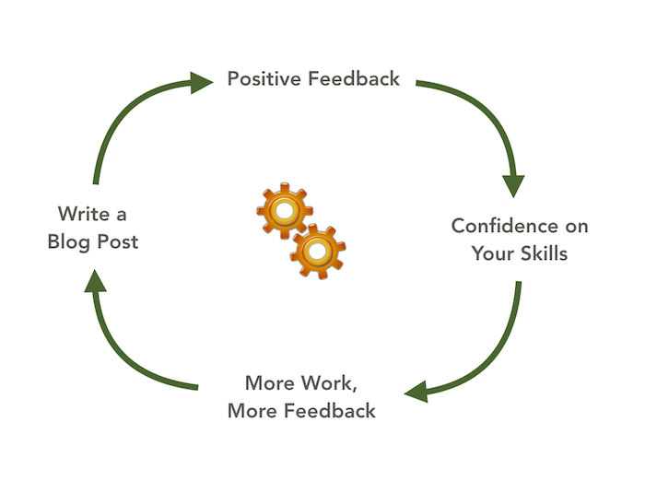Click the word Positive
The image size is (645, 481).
click(x=264, y=78)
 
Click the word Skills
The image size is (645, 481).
click(x=543, y=252)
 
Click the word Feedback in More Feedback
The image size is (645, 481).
click(x=331, y=410)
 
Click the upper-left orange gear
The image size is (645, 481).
click(x=285, y=211)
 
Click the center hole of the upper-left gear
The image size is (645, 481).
click(x=285, y=211)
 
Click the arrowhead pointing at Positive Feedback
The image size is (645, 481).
click(x=202, y=84)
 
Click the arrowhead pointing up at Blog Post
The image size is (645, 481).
click(x=95, y=287)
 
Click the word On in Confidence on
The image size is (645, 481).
click(x=575, y=226)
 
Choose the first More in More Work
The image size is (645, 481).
click(x=268, y=382)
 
